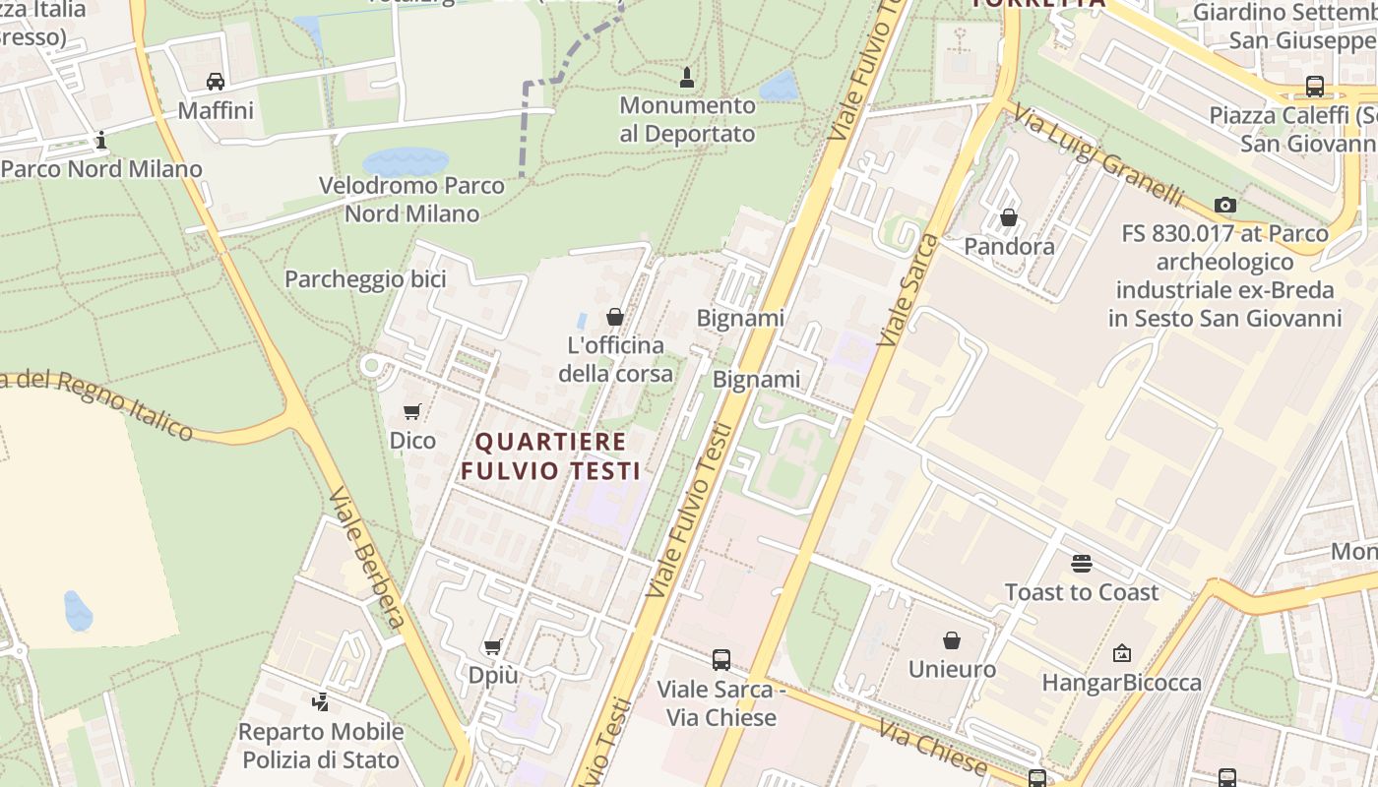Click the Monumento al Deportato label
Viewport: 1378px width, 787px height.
pyautogui.click(x=687, y=119)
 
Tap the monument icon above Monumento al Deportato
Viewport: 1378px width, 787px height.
pyautogui.click(x=687, y=77)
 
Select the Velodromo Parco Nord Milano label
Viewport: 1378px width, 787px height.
pyautogui.click(x=411, y=199)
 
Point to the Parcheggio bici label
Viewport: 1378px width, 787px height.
pyautogui.click(x=365, y=279)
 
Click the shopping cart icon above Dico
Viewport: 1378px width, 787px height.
pyautogui.click(x=412, y=412)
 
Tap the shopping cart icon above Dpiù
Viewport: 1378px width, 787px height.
pyautogui.click(x=493, y=646)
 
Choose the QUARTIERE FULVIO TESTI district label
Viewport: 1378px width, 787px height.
pyautogui.click(x=551, y=455)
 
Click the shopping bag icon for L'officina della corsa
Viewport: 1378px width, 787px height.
pyautogui.click(x=615, y=317)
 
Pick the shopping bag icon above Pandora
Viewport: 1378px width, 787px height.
pyautogui.click(x=1009, y=217)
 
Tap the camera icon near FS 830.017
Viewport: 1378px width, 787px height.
pyautogui.click(x=1225, y=205)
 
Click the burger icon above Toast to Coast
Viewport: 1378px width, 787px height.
pyautogui.click(x=1082, y=564)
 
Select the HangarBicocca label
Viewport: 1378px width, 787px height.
pyautogui.click(x=1121, y=683)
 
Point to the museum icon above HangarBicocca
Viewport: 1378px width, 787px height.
pyautogui.click(x=1122, y=653)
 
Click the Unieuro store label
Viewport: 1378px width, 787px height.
pyautogui.click(x=952, y=670)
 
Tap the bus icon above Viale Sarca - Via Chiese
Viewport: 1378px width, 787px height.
pyautogui.click(x=721, y=659)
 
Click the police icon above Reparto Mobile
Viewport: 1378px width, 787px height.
pyautogui.click(x=320, y=702)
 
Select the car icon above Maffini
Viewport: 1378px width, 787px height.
pyautogui.click(x=216, y=81)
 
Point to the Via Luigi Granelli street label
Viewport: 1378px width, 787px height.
pyautogui.click(x=1096, y=155)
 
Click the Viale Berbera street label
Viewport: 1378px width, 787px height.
pyautogui.click(x=366, y=556)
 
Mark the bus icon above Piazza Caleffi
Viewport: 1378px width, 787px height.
pyautogui.click(x=1315, y=86)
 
